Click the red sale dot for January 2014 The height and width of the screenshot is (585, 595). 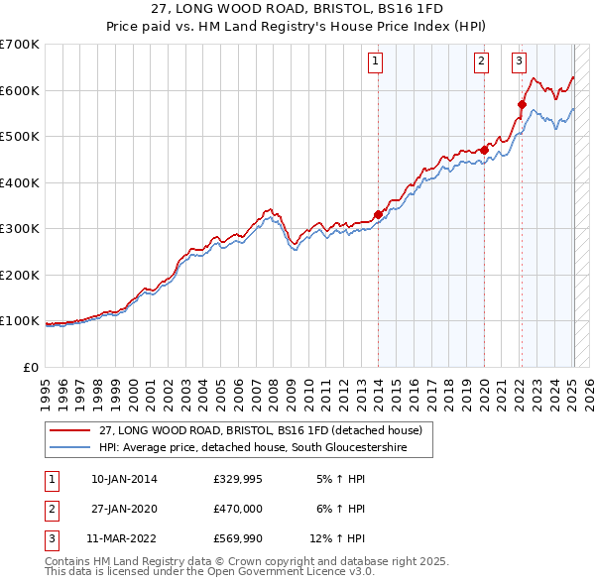point(378,214)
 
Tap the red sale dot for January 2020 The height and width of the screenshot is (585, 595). point(484,150)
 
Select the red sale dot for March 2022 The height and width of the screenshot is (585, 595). point(522,103)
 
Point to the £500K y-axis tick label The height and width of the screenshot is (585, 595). point(20,136)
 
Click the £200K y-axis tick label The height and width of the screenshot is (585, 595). point(20,275)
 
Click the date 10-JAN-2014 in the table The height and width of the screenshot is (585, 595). point(124,480)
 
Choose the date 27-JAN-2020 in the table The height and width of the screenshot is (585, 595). point(124,510)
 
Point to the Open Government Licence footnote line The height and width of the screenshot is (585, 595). point(209,572)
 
